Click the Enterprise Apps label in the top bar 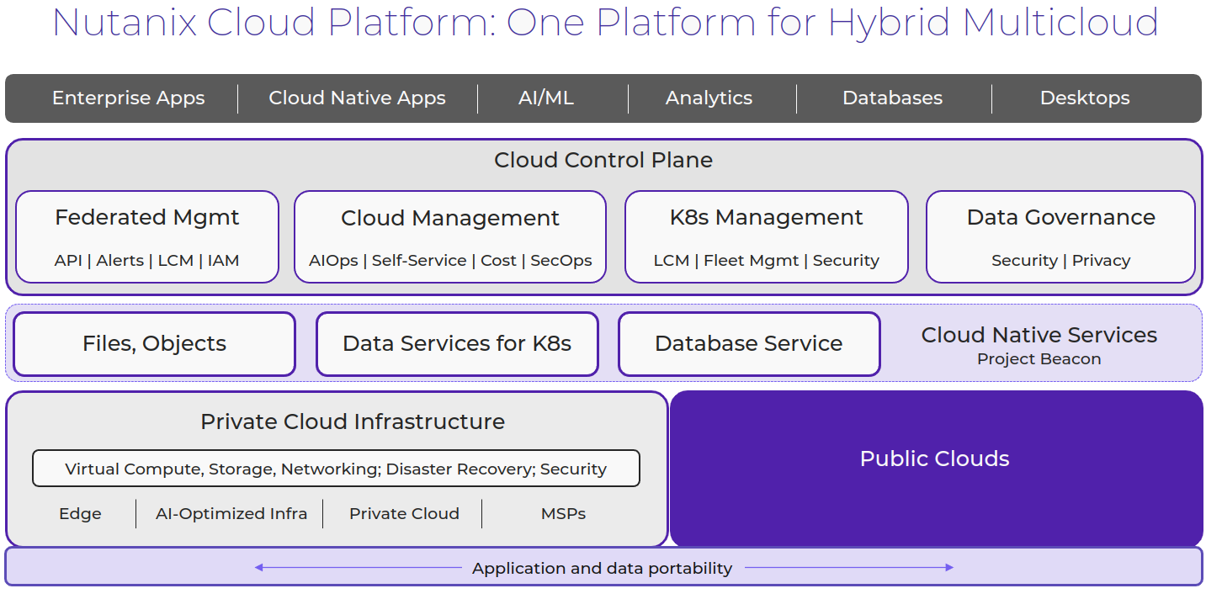(128, 98)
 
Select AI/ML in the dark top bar (546, 98)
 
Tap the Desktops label (1084, 98)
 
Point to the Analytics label (709, 98)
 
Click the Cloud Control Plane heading (603, 160)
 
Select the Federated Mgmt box (147, 236)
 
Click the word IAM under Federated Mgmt (223, 261)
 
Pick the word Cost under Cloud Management (498, 261)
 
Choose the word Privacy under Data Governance (1101, 261)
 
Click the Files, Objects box (154, 343)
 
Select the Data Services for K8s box (457, 343)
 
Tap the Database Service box (748, 343)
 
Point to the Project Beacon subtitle (1039, 359)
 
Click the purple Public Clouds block (934, 459)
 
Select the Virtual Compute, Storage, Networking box (336, 469)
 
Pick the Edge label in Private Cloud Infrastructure (80, 514)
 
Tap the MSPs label (563, 514)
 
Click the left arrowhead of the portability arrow (258, 568)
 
